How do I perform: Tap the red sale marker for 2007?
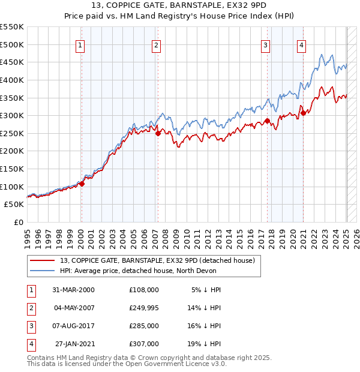(158, 134)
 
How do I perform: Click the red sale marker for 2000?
(82, 184)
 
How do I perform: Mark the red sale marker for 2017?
(266, 121)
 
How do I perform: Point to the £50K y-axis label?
(14, 205)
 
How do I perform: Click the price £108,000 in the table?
(144, 290)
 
